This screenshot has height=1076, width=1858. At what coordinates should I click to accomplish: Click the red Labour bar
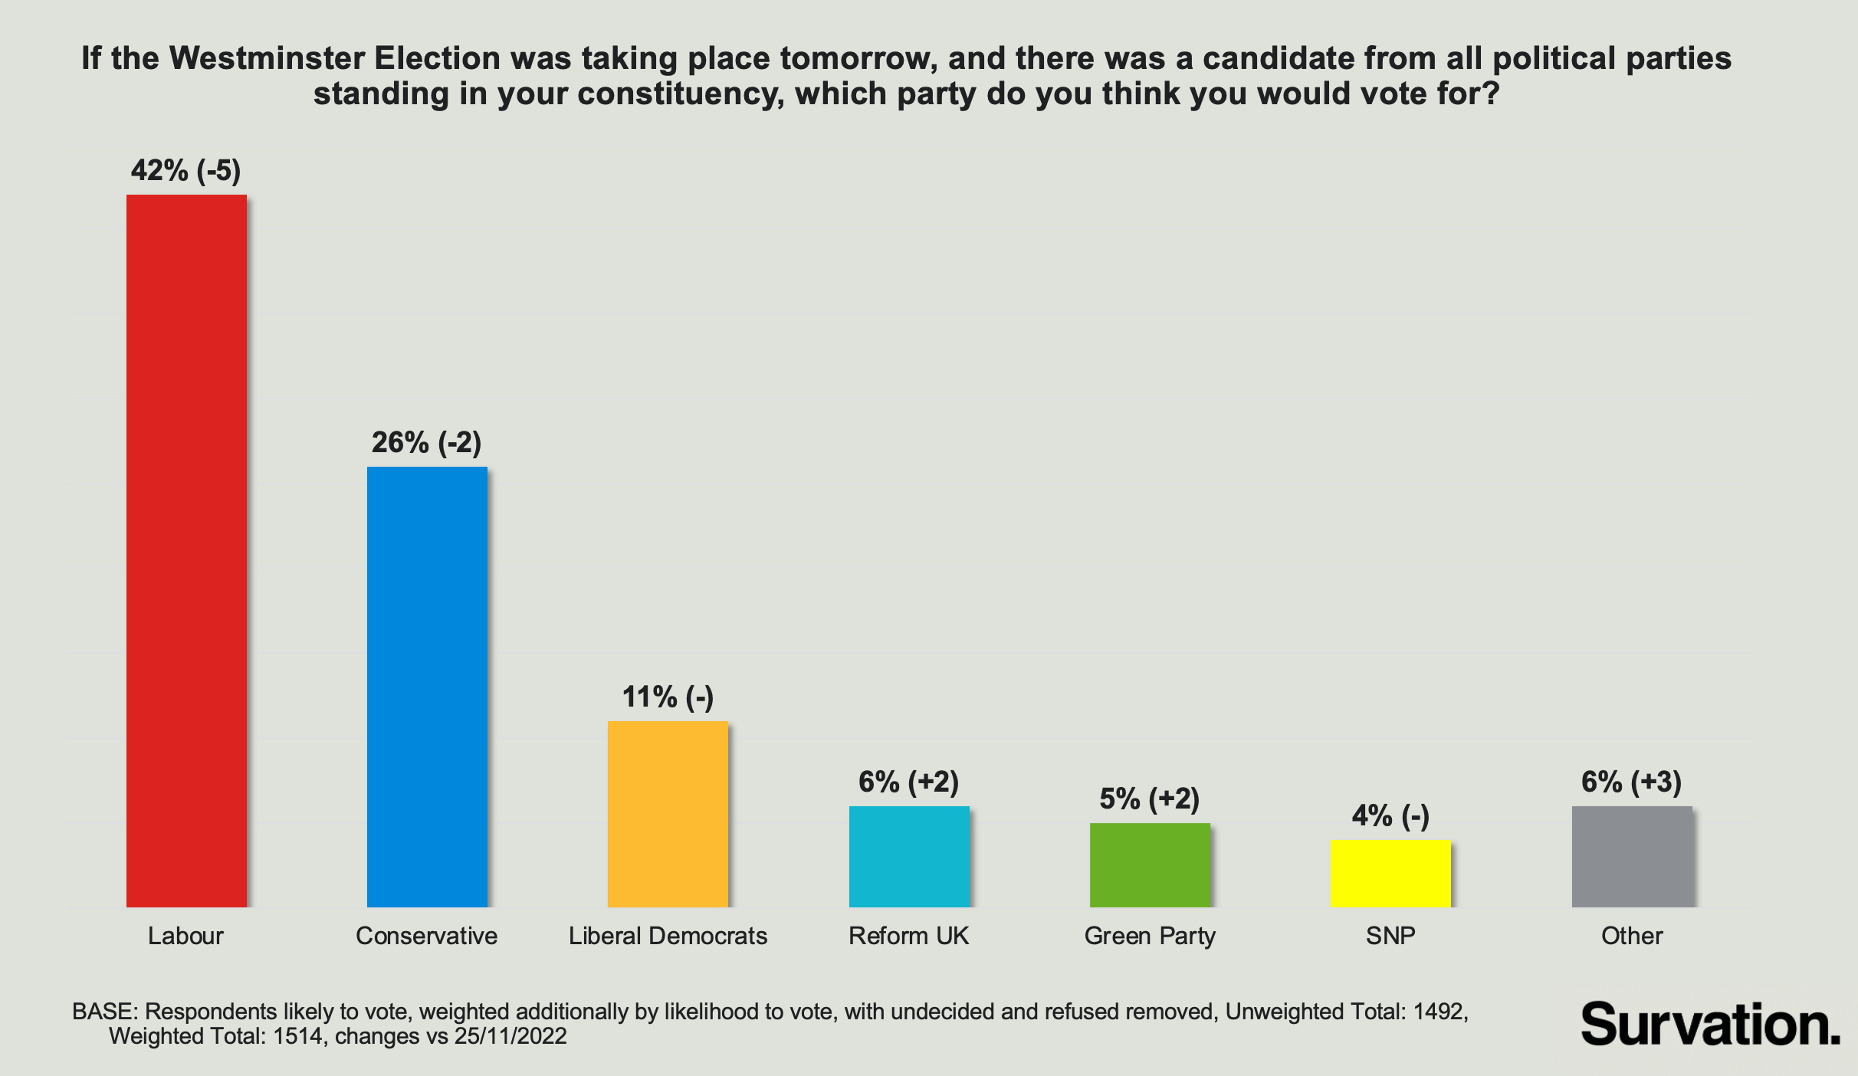[186, 550]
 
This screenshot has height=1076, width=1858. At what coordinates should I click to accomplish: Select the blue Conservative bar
[427, 687]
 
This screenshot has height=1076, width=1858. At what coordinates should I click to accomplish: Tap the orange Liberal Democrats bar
[668, 814]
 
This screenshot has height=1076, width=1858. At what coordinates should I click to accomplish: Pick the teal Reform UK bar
[909, 856]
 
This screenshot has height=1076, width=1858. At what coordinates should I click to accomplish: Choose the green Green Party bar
[1150, 864]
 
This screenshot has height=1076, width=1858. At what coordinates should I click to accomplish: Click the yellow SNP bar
[1390, 873]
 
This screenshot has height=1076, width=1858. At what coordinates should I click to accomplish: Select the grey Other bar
[1632, 856]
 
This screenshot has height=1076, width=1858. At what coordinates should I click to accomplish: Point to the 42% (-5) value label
[186, 170]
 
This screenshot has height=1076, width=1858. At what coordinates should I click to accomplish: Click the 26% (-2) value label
[427, 442]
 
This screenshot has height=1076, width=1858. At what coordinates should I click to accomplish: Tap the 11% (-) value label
[668, 697]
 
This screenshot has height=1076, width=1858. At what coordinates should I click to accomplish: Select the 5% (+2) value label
[1150, 799]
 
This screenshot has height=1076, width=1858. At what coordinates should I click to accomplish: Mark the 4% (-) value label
[1390, 815]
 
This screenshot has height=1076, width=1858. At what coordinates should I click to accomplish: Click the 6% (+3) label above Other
[1632, 782]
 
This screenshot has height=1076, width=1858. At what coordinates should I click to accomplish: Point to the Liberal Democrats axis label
[668, 936]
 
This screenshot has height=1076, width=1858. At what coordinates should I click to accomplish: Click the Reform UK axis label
[909, 936]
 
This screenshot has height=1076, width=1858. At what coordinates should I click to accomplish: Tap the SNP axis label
[1390, 936]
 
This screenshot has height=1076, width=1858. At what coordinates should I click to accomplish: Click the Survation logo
[1710, 1025]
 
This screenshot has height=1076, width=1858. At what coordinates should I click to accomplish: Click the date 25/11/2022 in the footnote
[510, 1036]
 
